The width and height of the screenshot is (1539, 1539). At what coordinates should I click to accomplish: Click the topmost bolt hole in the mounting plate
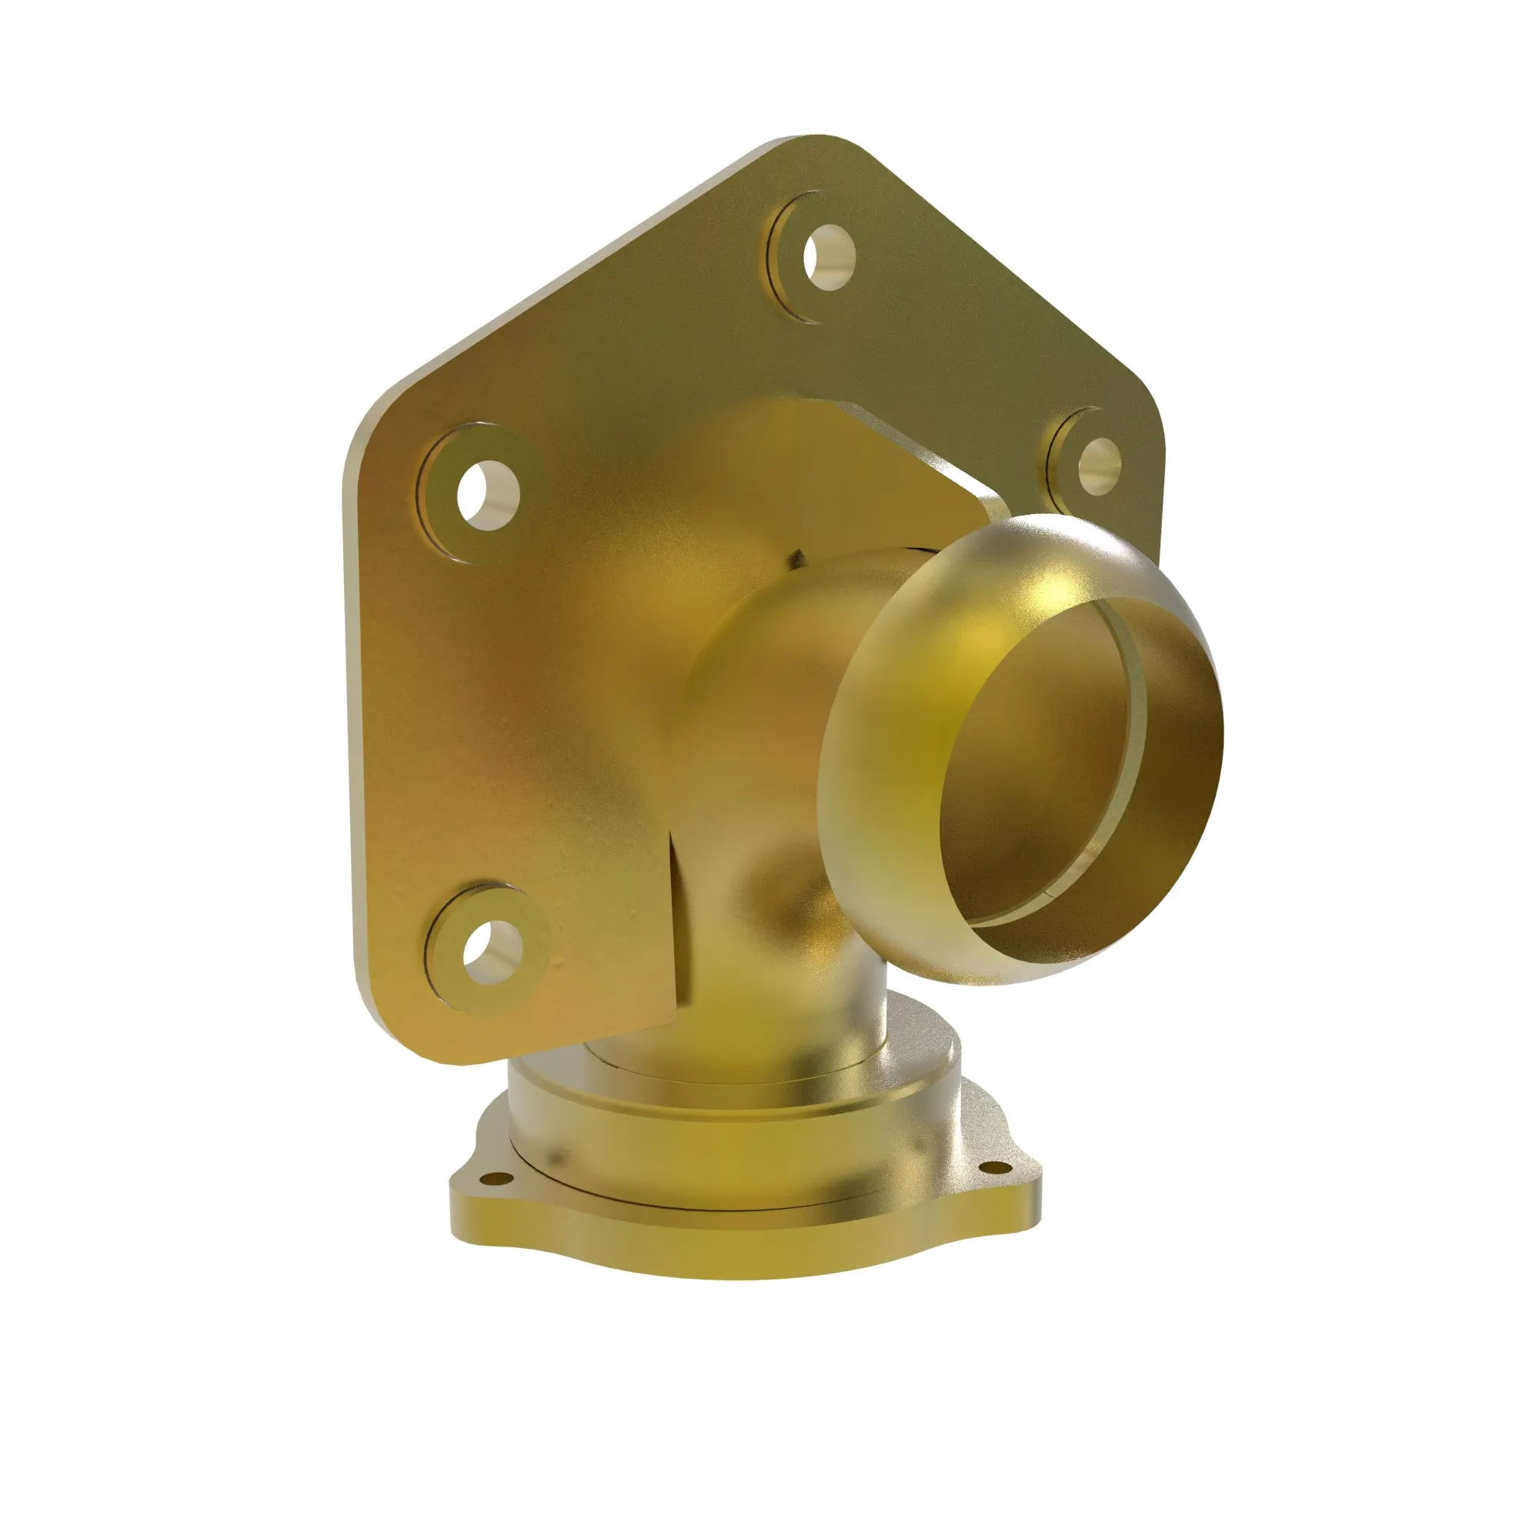coord(829,257)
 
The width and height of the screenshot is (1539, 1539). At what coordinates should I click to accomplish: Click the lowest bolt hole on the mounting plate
coord(487,953)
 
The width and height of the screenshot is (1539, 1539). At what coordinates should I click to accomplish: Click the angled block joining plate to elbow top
coord(892,454)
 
